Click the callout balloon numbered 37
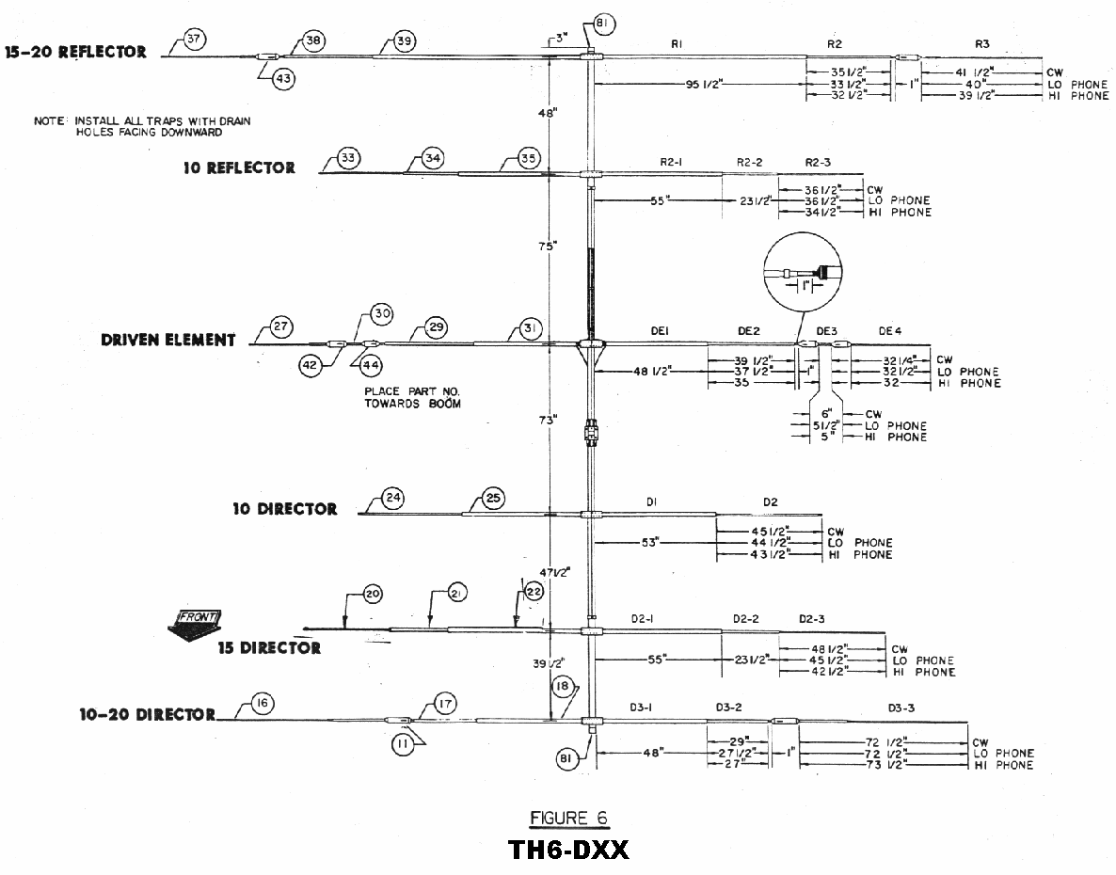point(195,40)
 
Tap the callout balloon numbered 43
point(283,79)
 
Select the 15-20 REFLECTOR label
point(76,53)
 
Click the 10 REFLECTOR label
point(239,168)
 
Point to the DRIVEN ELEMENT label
point(168,340)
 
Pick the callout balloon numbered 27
point(280,327)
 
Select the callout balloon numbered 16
point(263,703)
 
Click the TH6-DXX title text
point(568,850)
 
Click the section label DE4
point(889,330)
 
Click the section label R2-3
point(818,163)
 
